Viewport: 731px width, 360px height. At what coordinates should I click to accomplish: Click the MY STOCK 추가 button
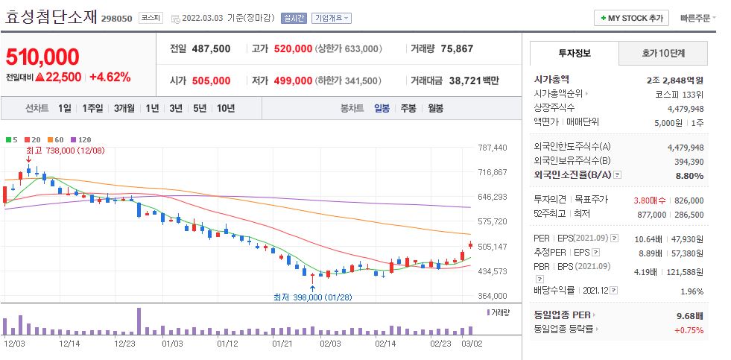[631, 18]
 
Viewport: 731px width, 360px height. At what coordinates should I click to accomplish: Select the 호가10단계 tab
[662, 54]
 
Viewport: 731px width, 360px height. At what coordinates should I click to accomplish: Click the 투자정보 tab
[574, 54]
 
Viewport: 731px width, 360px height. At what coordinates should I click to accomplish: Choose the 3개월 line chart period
[126, 108]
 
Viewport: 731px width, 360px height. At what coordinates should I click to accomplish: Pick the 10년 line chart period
[225, 108]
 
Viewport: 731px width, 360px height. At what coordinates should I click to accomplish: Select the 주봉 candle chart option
[408, 108]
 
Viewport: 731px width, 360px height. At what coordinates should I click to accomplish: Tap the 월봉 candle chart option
[435, 108]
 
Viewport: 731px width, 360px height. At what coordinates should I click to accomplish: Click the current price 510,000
[42, 57]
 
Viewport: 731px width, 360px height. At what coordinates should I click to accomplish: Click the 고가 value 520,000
[293, 48]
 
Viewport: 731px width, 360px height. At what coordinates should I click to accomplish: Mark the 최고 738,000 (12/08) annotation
[65, 150]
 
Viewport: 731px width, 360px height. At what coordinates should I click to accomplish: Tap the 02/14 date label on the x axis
[385, 344]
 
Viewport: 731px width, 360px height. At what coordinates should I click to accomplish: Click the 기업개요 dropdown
[332, 18]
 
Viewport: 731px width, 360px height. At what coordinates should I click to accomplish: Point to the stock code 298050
[116, 18]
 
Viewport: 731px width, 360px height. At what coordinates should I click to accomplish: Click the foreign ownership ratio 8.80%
[689, 175]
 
